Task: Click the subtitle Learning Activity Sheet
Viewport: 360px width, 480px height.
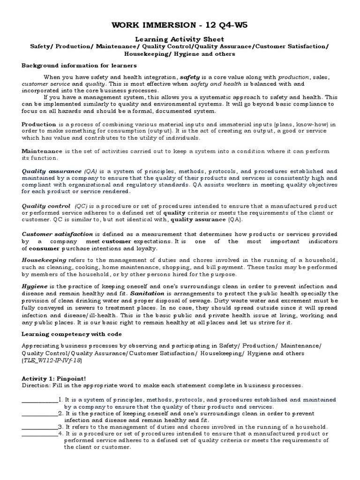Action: pyautogui.click(x=180, y=39)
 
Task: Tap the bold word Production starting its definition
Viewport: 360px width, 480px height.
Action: pyautogui.click(x=38, y=124)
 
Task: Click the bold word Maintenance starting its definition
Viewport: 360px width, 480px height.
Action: pyautogui.click(x=42, y=151)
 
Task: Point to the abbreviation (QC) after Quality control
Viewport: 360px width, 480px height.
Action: pyautogui.click(x=81, y=206)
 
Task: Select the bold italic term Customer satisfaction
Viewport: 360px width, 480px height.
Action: pyautogui.click(x=57, y=233)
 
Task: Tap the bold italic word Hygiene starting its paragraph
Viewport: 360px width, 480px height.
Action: pyautogui.click(x=34, y=286)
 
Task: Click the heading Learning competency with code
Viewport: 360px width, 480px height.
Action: pyautogui.click(x=72, y=334)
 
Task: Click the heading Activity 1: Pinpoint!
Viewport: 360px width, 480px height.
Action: pyautogui.click(x=53, y=378)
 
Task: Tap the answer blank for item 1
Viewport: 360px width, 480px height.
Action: pyautogui.click(x=39, y=400)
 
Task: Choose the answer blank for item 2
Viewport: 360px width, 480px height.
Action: pyautogui.click(x=39, y=414)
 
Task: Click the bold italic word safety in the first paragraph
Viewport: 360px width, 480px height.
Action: pyautogui.click(x=190, y=77)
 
